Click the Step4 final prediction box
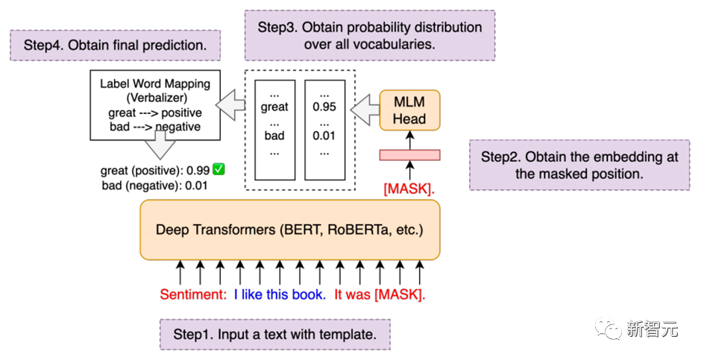tap(115, 45)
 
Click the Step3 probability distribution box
tap(370, 35)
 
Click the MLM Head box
tap(409, 110)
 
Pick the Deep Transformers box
tap(289, 230)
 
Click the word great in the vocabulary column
tap(274, 107)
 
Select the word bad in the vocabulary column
tap(274, 136)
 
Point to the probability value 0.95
tap(324, 107)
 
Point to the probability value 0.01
tap(324, 136)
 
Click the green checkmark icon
tap(219, 170)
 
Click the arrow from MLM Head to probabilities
tap(364, 110)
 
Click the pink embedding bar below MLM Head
tap(409, 155)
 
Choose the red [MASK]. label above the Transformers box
tap(409, 189)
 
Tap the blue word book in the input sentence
tap(309, 294)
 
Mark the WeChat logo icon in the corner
tap(608, 327)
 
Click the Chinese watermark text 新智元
tap(652, 329)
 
